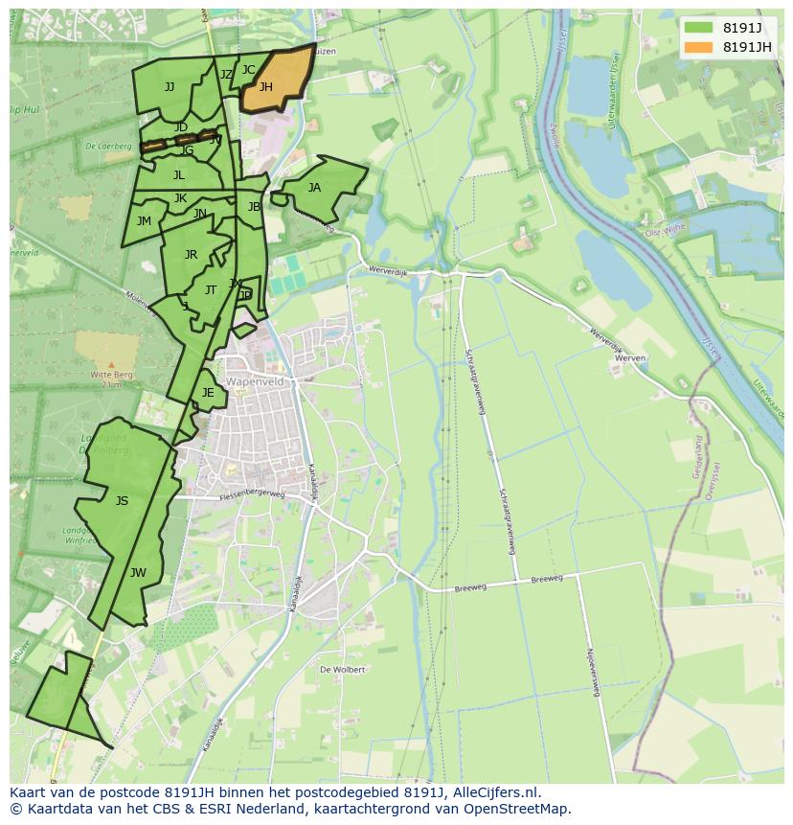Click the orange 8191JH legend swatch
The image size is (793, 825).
point(699,47)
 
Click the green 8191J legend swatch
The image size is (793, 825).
point(699,28)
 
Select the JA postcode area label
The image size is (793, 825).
point(314,188)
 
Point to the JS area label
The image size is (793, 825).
point(122,501)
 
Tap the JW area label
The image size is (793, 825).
point(138,573)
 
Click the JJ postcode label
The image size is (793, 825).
point(170,87)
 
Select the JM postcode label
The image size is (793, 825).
point(144,221)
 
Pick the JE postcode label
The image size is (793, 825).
point(208,393)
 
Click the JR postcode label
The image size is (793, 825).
point(191,255)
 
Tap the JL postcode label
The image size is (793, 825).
point(179,175)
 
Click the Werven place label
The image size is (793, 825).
point(630,357)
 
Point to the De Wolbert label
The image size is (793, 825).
point(342,670)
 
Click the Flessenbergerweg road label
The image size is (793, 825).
point(252,495)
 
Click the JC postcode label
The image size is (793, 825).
point(248,70)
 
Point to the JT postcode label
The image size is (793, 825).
point(211,290)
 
